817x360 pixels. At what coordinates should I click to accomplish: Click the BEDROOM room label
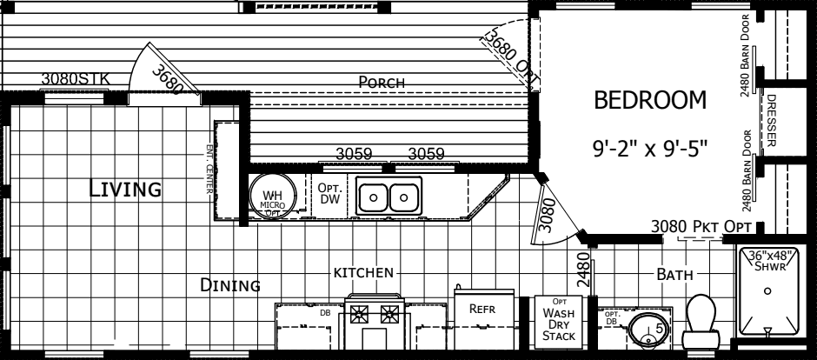tap(650, 102)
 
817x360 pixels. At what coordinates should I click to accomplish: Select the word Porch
tap(382, 82)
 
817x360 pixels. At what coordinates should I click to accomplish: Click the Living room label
tap(125, 188)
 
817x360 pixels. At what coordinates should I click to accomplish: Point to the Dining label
tap(230, 284)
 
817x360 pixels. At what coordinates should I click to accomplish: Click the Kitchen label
tap(363, 273)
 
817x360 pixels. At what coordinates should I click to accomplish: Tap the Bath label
tap(674, 275)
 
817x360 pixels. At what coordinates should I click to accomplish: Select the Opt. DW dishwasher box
tap(330, 195)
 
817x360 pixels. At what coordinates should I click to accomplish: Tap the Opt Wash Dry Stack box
tap(556, 319)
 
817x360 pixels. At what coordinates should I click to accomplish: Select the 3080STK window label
tap(76, 78)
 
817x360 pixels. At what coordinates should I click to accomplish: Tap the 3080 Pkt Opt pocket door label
tap(699, 227)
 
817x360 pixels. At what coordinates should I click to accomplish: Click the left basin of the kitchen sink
tap(374, 197)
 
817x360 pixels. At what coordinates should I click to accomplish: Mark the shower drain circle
tap(766, 292)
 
